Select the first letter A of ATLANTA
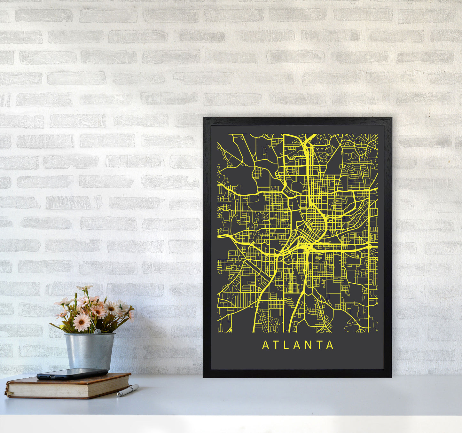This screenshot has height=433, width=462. pos(265,345)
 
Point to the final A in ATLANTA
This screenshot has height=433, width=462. pos(330,345)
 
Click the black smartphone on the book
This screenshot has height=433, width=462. pos(72,374)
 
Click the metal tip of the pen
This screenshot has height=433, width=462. pos(118,395)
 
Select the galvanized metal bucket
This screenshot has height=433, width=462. pos(89,350)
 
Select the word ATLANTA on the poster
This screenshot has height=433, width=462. pos(298,345)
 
